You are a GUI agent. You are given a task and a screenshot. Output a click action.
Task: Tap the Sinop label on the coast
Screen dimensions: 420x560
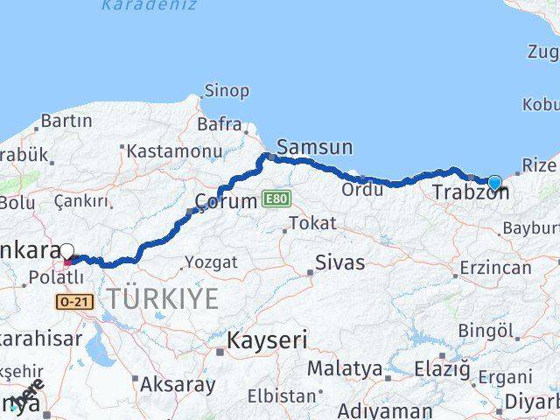pyautogui.click(x=227, y=90)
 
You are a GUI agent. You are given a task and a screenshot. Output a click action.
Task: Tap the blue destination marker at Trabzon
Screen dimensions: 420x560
pyautogui.click(x=495, y=183)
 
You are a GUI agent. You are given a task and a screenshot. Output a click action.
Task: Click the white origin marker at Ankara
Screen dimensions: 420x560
pyautogui.click(x=66, y=251)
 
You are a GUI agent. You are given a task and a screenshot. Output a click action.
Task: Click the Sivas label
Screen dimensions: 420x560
pyautogui.click(x=339, y=262)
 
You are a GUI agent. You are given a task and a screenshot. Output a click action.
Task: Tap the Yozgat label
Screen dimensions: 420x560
pyautogui.click(x=210, y=262)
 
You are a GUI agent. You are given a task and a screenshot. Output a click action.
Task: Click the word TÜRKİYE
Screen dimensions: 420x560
pyautogui.click(x=163, y=298)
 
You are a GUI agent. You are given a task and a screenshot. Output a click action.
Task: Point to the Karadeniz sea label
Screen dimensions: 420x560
pyautogui.click(x=148, y=5)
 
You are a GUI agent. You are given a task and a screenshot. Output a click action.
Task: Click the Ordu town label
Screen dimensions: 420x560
pyautogui.click(x=362, y=189)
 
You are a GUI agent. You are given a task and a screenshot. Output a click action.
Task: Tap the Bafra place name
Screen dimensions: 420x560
pyautogui.click(x=219, y=124)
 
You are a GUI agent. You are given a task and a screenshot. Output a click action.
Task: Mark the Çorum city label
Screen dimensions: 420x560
pyautogui.click(x=226, y=200)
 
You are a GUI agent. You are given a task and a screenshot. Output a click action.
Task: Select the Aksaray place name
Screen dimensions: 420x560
pyautogui.click(x=178, y=383)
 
